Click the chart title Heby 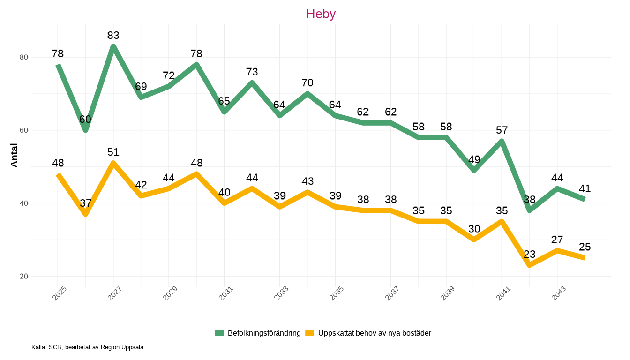(321, 14)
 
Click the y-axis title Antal (14, 155)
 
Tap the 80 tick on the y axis (23, 57)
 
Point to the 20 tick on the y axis (23, 276)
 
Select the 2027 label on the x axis (114, 293)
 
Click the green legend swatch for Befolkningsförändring (219, 333)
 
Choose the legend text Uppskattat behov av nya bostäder (375, 333)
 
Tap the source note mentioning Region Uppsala (87, 347)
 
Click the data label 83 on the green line (113, 36)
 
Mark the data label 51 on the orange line (113, 152)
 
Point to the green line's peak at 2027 (113, 46)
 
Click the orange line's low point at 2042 (529, 265)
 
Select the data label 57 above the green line (502, 130)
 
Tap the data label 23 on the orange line (529, 255)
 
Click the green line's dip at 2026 (85, 130)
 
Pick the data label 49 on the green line (474, 159)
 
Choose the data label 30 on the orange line (474, 229)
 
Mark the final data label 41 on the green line (585, 189)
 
